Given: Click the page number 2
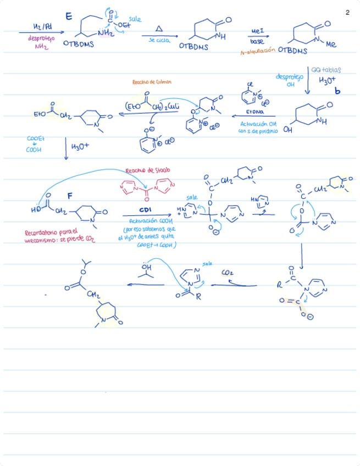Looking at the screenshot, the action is point(348,13).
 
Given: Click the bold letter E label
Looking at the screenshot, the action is point(69,16).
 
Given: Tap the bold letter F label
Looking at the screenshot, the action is point(70,196).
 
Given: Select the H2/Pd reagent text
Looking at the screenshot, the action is point(40,27).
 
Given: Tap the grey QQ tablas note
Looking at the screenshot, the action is point(326,70).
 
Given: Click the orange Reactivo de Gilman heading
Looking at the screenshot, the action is point(152,82).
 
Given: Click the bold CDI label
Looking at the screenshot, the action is point(146,210).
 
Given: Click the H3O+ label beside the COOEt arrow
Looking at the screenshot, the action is point(80,147).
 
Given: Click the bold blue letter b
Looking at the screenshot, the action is point(337,91).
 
